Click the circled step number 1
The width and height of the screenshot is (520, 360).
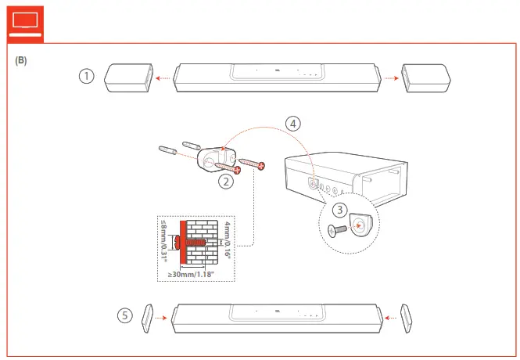pos(87,76)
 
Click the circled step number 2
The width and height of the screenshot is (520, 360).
pos(226,182)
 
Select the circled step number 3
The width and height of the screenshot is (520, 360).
pos(339,209)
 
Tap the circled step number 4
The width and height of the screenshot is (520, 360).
pos(291,123)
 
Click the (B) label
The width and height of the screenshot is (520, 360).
pos(21,60)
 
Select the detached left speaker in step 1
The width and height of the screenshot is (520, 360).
pos(127,77)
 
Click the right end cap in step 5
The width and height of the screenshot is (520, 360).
pos(406,317)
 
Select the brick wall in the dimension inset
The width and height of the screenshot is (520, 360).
pos(199,243)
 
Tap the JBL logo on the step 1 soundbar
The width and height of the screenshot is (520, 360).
pos(277,70)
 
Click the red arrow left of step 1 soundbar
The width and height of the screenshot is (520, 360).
pos(164,77)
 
